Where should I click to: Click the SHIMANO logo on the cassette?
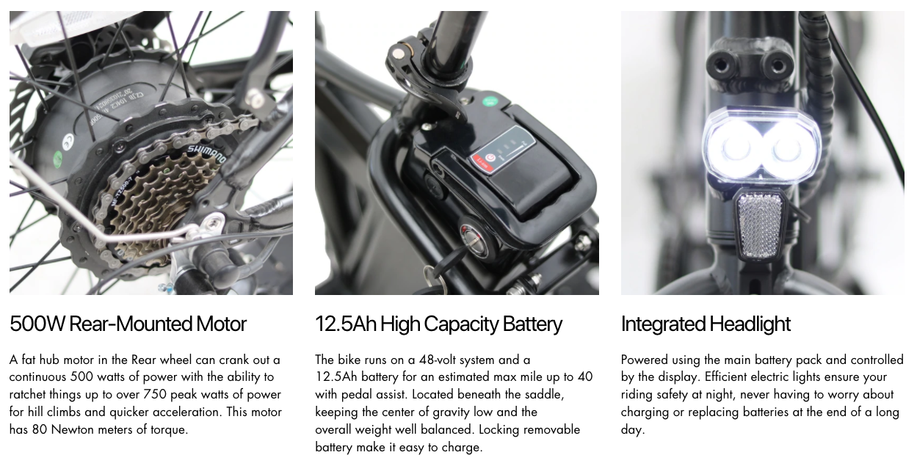(x=207, y=154)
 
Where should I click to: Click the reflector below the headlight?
(x=760, y=226)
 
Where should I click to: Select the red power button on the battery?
(x=490, y=159)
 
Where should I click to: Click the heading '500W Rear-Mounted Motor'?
(x=128, y=324)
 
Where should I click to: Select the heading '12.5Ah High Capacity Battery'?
(x=438, y=324)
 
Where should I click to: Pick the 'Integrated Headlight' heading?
(x=706, y=324)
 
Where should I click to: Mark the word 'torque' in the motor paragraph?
(x=169, y=430)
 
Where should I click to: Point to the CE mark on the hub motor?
(x=68, y=141)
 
